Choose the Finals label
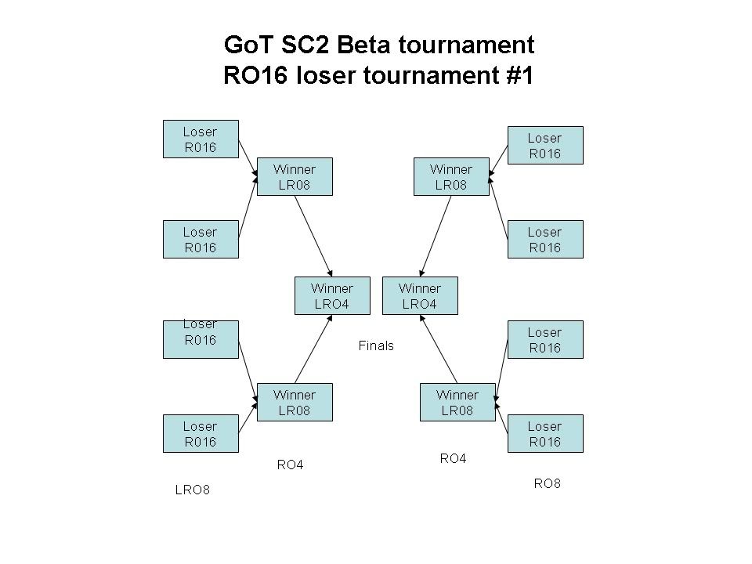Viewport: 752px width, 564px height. [376, 345]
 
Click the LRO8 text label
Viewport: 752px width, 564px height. [193, 490]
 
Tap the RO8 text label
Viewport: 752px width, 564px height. [547, 483]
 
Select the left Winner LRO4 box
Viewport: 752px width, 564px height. [332, 296]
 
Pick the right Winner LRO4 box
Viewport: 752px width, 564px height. [420, 296]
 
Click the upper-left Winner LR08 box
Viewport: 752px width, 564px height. [295, 177]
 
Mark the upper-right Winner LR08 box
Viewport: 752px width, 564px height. [451, 177]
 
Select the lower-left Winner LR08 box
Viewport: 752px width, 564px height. [295, 402]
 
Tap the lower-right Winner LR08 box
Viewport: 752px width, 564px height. [457, 402]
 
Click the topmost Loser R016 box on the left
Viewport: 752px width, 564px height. [200, 139]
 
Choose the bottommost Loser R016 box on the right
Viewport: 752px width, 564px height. [544, 433]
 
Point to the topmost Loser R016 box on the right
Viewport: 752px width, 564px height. [544, 145]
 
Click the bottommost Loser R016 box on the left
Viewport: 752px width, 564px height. [200, 433]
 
